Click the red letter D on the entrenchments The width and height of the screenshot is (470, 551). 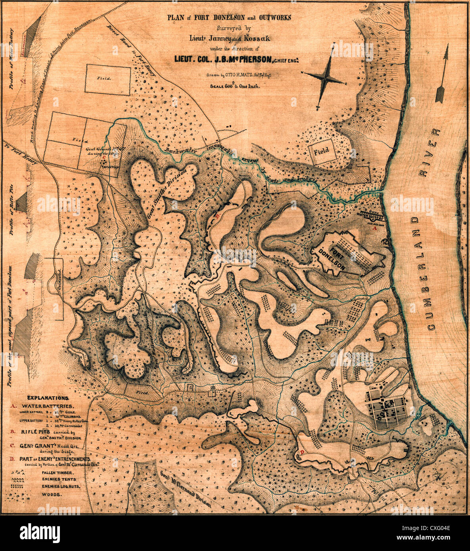[302, 452]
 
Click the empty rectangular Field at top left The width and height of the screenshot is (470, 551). [107, 79]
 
